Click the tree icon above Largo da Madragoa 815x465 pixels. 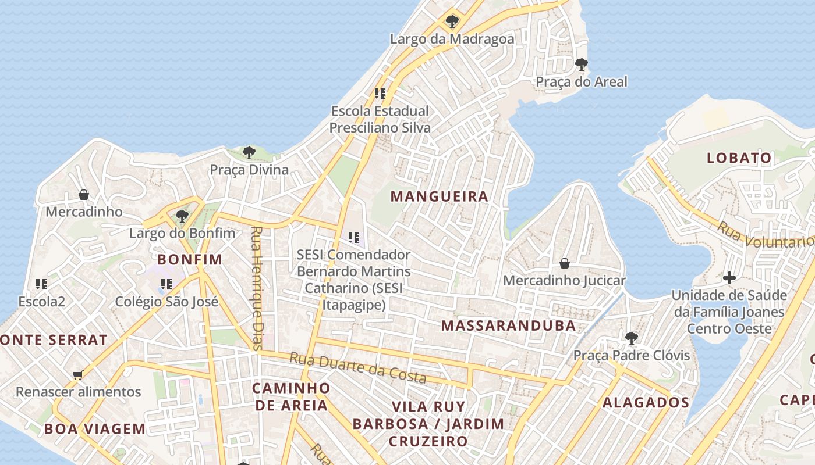click(452, 22)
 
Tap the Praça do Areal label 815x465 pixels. click(581, 81)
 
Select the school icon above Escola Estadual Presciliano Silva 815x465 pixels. click(380, 93)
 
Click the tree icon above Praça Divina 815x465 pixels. click(249, 153)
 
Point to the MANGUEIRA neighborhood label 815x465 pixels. click(439, 196)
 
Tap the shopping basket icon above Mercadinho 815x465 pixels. click(84, 195)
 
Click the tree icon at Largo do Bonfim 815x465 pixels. click(182, 217)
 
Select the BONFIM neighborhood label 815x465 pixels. click(190, 259)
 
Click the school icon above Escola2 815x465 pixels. click(41, 284)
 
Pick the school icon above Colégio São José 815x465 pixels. click(166, 284)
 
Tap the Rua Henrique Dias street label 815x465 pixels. click(257, 288)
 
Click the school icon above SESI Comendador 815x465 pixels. click(353, 237)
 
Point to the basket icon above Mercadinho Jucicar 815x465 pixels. click(564, 263)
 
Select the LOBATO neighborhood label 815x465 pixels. click(739, 158)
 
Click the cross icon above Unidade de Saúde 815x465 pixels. click(729, 278)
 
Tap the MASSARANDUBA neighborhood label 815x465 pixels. click(508, 325)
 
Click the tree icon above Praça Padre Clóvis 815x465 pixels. click(631, 338)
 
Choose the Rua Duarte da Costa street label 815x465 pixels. click(358, 369)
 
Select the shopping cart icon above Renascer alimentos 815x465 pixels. click(77, 375)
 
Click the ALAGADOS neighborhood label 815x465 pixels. click(646, 402)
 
